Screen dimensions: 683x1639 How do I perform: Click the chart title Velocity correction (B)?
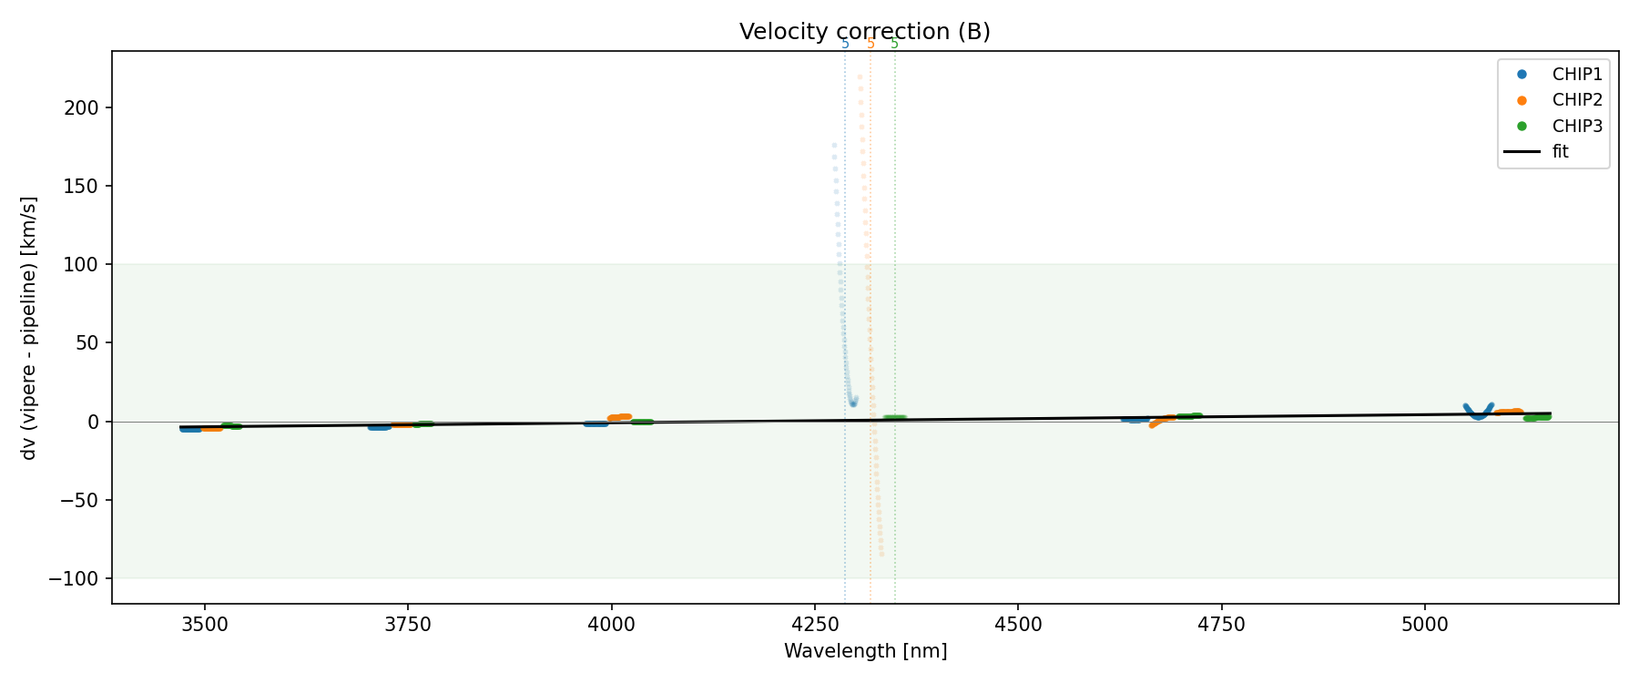click(x=864, y=32)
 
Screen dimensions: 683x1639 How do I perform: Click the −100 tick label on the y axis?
click(x=79, y=578)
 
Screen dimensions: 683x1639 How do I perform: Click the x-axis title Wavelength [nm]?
click(x=865, y=651)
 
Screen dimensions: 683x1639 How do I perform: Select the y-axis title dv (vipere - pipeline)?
click(x=29, y=328)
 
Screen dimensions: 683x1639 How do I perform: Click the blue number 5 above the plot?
click(x=845, y=44)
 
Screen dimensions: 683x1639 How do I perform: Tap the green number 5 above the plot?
click(x=894, y=44)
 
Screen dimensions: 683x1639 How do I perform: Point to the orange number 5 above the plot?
click(x=870, y=44)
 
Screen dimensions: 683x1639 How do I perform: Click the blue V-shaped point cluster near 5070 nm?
click(x=1478, y=413)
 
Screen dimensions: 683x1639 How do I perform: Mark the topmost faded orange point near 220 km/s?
click(x=860, y=76)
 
